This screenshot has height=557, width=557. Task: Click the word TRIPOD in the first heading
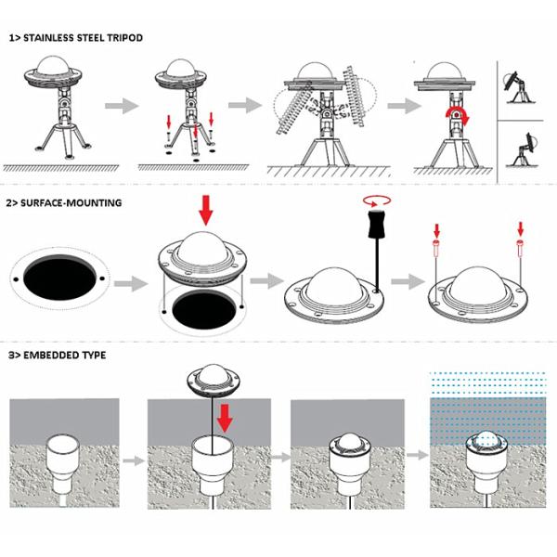(x=124, y=38)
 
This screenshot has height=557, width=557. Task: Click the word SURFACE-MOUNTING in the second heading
(x=71, y=202)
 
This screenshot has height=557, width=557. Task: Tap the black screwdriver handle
(x=377, y=224)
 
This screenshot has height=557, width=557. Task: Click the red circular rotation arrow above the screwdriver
(x=377, y=201)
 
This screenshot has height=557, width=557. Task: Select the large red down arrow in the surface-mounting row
(x=206, y=210)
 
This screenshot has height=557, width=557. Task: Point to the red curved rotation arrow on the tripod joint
(x=459, y=117)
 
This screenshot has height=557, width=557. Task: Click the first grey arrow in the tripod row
(x=122, y=106)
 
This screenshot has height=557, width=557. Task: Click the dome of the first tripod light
(x=53, y=66)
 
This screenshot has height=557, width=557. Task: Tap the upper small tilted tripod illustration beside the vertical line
(x=519, y=87)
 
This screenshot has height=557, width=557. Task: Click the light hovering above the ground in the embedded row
(x=214, y=381)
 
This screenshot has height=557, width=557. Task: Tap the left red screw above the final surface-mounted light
(x=436, y=248)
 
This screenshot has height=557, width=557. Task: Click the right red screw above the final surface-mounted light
(x=521, y=248)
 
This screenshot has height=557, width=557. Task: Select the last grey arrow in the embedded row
(x=418, y=455)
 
